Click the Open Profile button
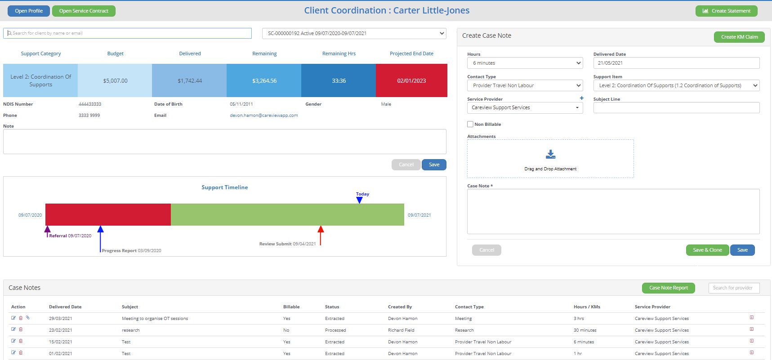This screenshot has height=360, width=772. [x=29, y=11]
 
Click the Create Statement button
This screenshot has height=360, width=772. [x=726, y=11]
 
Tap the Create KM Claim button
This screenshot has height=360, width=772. [x=739, y=37]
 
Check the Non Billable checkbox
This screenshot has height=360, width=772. [x=470, y=124]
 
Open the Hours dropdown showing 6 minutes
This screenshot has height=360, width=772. [x=525, y=63]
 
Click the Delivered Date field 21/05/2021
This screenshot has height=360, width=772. [x=676, y=63]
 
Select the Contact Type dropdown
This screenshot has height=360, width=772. [x=525, y=85]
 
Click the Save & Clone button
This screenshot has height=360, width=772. [x=707, y=250]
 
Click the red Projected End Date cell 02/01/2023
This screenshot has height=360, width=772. [x=411, y=80]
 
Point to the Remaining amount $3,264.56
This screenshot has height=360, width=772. [x=264, y=81]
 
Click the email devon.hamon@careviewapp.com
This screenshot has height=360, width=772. [x=264, y=116]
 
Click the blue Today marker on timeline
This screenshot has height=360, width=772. [x=359, y=200]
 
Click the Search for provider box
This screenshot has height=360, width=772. [x=733, y=288]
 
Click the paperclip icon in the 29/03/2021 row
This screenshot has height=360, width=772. [x=27, y=318]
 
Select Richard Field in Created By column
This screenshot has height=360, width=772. [x=401, y=330]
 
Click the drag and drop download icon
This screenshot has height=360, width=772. [x=550, y=155]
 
